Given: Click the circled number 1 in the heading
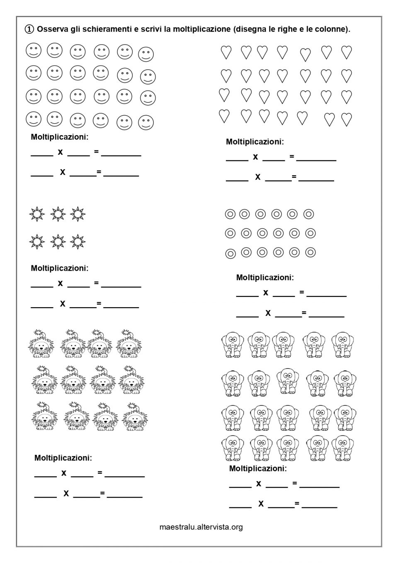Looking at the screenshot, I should [29, 29].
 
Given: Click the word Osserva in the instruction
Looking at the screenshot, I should [51, 29].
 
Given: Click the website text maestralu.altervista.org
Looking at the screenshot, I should [201, 527].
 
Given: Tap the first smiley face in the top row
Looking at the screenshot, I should [34, 51].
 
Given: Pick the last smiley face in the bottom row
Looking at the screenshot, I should [146, 123].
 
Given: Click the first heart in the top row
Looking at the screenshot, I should [226, 52].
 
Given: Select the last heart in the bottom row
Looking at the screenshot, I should [347, 119].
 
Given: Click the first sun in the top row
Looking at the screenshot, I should [37, 214].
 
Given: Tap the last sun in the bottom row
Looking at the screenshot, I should [78, 241].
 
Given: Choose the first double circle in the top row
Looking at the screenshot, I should [230, 214].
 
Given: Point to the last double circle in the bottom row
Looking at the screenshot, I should [310, 252].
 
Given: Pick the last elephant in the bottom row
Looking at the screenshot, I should [343, 448].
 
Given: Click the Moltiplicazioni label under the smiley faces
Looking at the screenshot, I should [60, 137].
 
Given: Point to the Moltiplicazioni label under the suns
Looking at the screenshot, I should [60, 268].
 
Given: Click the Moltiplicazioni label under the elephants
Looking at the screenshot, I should [258, 468].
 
